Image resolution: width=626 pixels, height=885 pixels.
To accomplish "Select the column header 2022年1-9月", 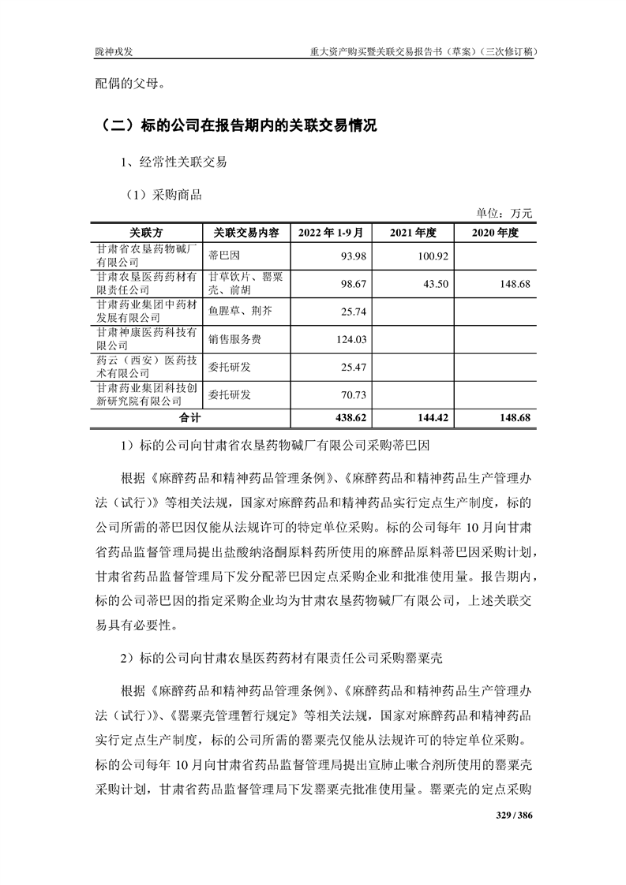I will click(331, 233).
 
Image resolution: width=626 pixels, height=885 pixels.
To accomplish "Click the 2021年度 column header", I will click(414, 233).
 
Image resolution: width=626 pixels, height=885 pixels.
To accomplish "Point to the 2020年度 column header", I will click(496, 233).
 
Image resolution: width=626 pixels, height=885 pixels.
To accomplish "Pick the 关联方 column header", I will click(147, 233).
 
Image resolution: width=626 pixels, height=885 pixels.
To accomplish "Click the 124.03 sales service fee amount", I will click(347, 340).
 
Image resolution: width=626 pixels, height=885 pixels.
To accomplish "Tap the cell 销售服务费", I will click(234, 340).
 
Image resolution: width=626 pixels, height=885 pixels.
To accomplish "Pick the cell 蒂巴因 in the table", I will click(223, 255).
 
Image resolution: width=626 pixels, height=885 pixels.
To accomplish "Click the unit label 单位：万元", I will click(505, 212).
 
